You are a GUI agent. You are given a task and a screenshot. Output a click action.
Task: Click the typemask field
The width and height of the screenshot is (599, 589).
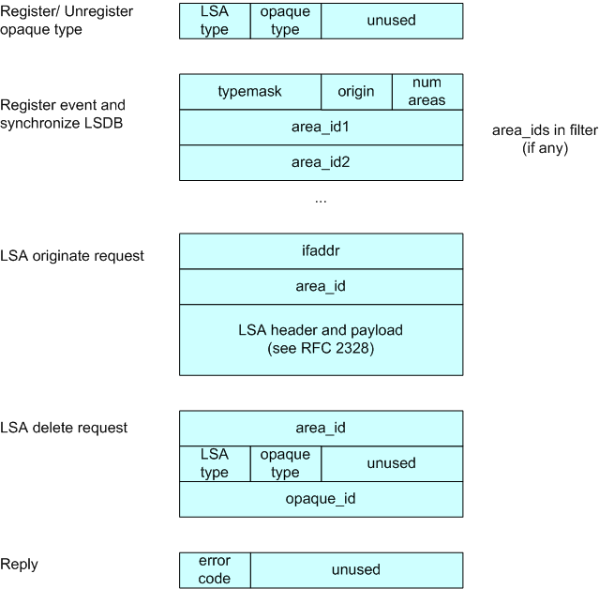pyautogui.click(x=250, y=92)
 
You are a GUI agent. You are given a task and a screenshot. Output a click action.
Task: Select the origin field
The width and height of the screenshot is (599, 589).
pyautogui.click(x=356, y=92)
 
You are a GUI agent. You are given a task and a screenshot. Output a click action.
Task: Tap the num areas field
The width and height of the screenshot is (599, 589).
pyautogui.click(x=427, y=92)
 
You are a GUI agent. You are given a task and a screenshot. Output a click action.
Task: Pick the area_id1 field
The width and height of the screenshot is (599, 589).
pyautogui.click(x=322, y=128)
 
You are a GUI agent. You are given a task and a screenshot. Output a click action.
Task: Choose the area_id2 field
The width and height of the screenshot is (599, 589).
pyautogui.click(x=322, y=163)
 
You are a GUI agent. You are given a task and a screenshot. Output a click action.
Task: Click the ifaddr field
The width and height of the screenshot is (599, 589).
pyautogui.click(x=322, y=251)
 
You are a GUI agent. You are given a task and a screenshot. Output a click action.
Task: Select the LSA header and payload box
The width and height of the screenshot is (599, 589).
pyautogui.click(x=322, y=340)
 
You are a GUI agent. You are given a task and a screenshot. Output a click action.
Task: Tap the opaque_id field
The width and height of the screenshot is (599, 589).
pyautogui.click(x=322, y=499)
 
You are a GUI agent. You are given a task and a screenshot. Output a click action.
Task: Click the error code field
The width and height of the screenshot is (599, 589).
pyautogui.click(x=215, y=570)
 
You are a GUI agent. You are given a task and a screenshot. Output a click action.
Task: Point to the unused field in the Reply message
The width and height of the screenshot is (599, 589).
pyautogui.click(x=357, y=570)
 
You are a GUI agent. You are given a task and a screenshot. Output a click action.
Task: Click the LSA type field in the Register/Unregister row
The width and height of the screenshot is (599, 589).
pyautogui.click(x=215, y=21)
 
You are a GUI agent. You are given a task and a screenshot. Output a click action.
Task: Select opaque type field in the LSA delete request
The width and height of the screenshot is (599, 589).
pyautogui.click(x=286, y=463)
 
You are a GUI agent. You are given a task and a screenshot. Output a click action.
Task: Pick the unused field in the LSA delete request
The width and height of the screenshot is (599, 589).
pyautogui.click(x=392, y=463)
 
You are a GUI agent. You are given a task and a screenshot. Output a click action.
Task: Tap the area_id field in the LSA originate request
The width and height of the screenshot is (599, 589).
pyautogui.click(x=322, y=287)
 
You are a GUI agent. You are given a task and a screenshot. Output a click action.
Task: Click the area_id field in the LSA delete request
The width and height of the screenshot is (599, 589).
pyautogui.click(x=322, y=429)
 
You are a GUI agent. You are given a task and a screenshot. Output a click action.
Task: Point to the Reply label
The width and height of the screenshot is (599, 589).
pyautogui.click(x=19, y=565)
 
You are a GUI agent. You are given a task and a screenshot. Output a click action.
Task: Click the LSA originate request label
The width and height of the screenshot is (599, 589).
pyautogui.click(x=72, y=256)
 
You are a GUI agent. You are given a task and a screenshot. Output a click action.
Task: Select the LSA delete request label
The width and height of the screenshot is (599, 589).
pyautogui.click(x=64, y=428)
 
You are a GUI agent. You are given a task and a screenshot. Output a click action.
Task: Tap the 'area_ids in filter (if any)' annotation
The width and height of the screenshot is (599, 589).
pyautogui.click(x=546, y=139)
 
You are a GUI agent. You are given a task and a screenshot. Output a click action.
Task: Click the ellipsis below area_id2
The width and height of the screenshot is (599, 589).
pyautogui.click(x=321, y=201)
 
